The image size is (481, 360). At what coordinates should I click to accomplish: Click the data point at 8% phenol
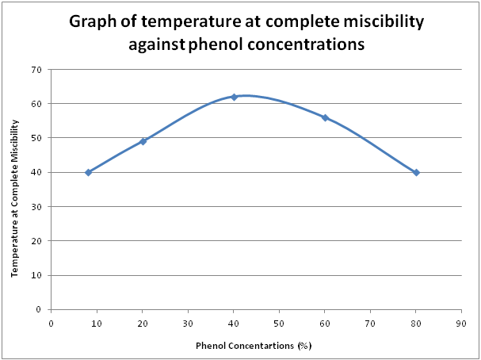point(88,172)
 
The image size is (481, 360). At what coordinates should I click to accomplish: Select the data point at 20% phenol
point(143,141)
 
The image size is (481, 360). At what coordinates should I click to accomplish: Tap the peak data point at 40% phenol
point(234,97)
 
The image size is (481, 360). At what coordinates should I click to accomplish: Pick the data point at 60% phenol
point(325,117)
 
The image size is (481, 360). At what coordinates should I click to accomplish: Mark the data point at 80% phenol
point(416,172)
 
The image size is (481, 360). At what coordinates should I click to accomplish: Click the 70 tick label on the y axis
point(36,69)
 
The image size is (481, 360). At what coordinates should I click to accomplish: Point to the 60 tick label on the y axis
point(36,103)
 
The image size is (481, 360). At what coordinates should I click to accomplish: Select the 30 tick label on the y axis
point(36,206)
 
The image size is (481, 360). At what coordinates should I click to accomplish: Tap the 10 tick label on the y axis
point(36,275)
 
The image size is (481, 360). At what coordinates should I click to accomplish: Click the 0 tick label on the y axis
point(39,309)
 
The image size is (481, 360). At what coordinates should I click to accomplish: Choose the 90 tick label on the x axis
point(461,323)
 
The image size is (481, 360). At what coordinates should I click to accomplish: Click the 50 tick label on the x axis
point(279,323)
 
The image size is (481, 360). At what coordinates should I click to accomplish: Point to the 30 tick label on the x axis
point(188,323)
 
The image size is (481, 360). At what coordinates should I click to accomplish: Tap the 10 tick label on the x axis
point(97,323)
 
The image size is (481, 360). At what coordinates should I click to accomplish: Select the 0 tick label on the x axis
point(52,323)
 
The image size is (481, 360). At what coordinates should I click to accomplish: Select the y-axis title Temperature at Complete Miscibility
point(15,190)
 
